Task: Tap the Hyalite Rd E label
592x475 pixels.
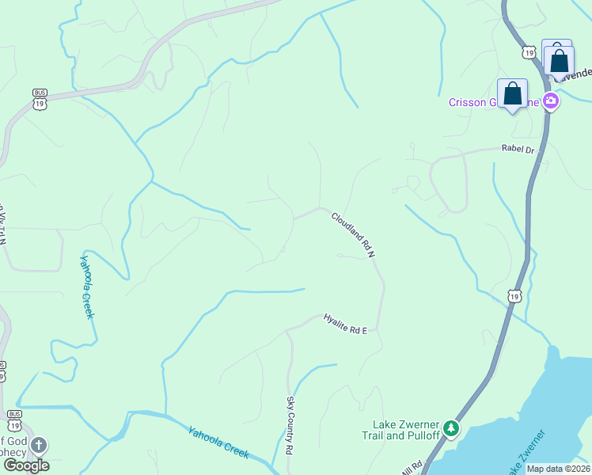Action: [x=345, y=324]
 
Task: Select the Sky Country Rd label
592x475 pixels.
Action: [x=290, y=435]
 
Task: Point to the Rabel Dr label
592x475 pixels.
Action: [x=518, y=149]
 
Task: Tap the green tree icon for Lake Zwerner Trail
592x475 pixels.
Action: [x=451, y=428]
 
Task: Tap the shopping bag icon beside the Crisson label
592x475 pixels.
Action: [x=512, y=94]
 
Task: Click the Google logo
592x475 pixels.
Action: [x=26, y=465]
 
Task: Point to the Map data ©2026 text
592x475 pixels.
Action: [x=558, y=469]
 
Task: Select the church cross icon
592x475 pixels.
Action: [x=39, y=446]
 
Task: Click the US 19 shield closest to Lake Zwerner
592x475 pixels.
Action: [x=514, y=296]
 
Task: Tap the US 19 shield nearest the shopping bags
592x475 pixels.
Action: [x=529, y=51]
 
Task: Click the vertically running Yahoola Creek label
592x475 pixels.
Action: [x=87, y=286]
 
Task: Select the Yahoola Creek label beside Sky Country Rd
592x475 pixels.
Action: [x=218, y=443]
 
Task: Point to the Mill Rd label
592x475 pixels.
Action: [x=411, y=469]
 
